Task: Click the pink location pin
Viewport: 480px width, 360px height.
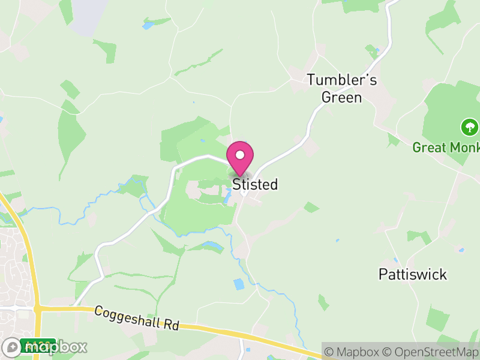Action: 240,158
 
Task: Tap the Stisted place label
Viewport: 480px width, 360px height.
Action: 255,184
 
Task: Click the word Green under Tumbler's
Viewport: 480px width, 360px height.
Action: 342,97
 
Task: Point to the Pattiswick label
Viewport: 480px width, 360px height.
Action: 413,274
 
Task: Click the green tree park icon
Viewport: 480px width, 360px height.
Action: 469,127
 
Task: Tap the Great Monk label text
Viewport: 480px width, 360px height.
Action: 445,147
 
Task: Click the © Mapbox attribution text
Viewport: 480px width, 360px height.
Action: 353,352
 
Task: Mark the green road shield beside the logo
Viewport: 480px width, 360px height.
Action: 30,345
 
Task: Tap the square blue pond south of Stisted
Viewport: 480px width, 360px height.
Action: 239,284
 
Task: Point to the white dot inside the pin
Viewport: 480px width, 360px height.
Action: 240,154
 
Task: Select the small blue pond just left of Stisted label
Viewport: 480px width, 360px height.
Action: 228,193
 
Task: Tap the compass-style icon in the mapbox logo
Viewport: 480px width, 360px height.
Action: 12,347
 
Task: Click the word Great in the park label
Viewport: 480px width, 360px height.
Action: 427,147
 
